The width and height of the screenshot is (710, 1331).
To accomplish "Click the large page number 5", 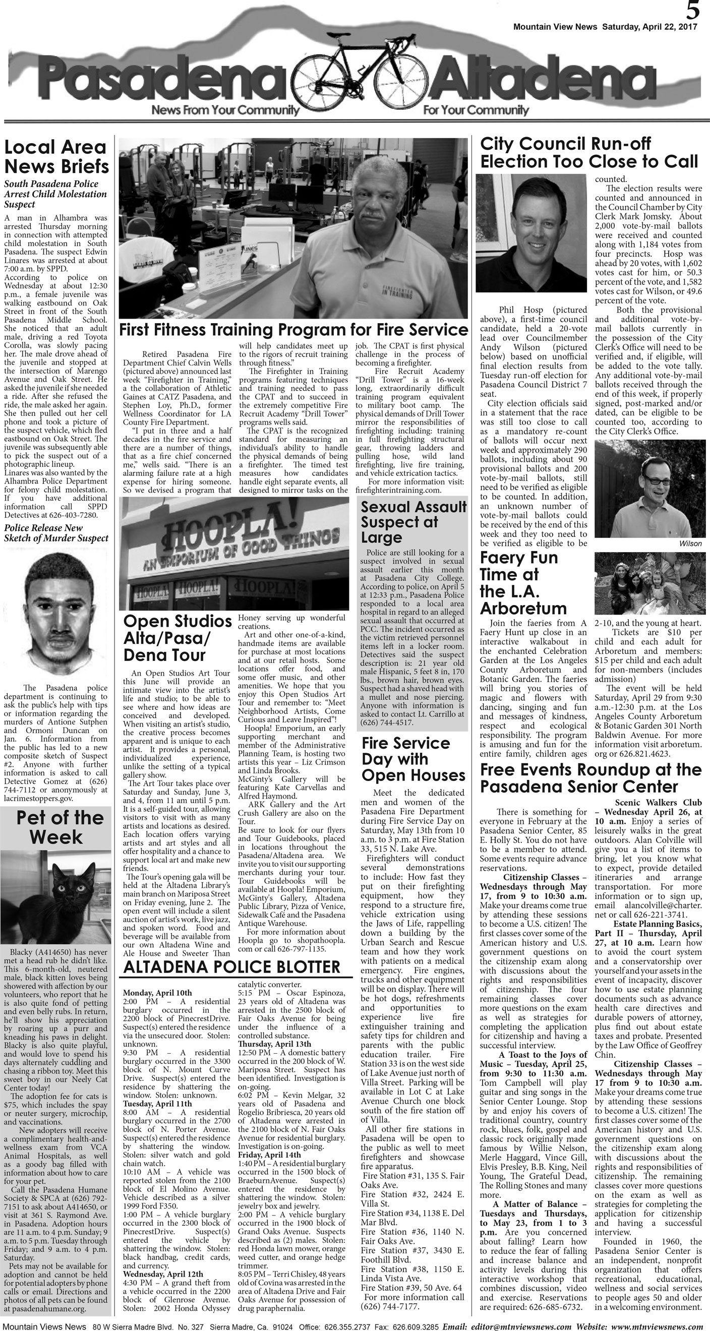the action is tap(693, 10).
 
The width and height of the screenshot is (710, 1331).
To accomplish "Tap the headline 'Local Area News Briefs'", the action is tap(56, 157).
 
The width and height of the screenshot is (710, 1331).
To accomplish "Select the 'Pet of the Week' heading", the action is tap(56, 827).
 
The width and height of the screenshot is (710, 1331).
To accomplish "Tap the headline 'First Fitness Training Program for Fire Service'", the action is tap(293, 330).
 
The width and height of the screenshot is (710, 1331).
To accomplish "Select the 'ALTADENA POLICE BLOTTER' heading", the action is tap(231, 966).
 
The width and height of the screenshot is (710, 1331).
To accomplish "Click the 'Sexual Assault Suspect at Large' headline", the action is tap(413, 522).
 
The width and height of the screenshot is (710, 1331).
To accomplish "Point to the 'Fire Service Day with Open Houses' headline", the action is tap(413, 759).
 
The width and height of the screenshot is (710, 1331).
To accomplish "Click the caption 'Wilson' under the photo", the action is tap(690, 543).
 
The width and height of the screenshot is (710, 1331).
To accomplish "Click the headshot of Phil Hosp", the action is tap(530, 233).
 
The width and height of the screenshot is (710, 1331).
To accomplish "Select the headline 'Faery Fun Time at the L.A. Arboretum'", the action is tap(523, 583).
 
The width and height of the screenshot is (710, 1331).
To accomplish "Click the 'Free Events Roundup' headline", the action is tap(590, 777).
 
